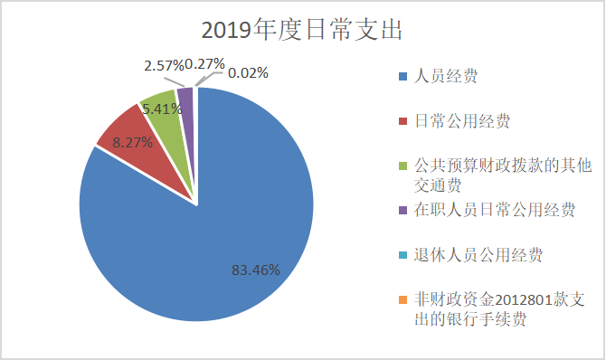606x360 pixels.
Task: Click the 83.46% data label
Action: (x=255, y=270)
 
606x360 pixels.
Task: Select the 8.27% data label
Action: (x=132, y=142)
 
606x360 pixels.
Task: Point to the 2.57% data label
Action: (x=164, y=65)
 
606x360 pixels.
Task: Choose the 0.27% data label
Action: (x=204, y=64)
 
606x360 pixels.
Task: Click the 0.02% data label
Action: (x=247, y=73)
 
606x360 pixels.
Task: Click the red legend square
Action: (x=402, y=121)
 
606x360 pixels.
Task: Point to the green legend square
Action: (x=402, y=166)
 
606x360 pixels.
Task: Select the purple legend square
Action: (x=402, y=211)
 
